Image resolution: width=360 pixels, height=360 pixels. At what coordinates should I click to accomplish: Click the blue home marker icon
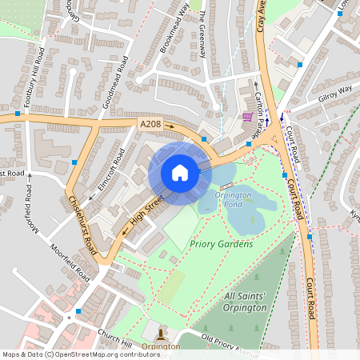[180, 173]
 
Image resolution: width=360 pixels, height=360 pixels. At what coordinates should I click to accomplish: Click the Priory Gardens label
[222, 243]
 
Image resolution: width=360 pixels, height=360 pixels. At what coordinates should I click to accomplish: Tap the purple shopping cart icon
[248, 117]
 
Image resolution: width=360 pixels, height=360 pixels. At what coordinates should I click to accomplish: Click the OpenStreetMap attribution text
[70, 354]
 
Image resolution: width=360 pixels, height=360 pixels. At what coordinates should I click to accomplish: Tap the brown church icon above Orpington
[161, 334]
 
